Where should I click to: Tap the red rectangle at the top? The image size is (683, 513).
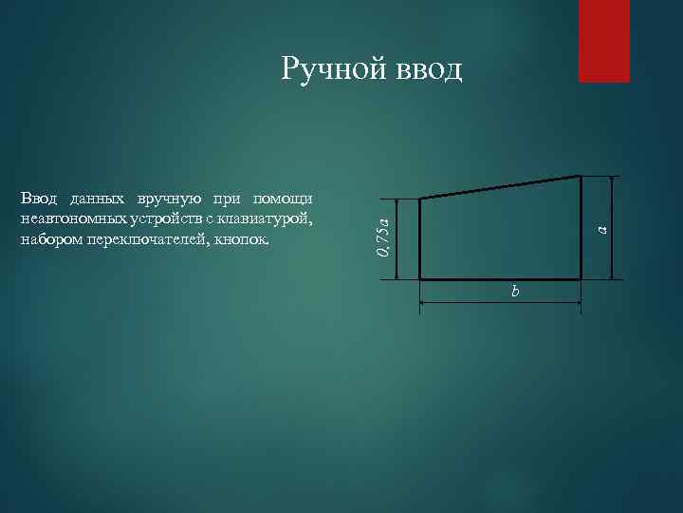pyautogui.click(x=604, y=41)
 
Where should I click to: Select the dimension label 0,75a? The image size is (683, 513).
pyautogui.click(x=381, y=238)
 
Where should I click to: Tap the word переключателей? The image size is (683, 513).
pyautogui.click(x=143, y=239)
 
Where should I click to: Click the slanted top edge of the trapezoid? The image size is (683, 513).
pyautogui.click(x=500, y=187)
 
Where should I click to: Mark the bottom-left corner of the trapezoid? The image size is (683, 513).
pyautogui.click(x=420, y=278)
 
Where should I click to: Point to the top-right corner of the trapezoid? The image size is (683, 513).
pyautogui.click(x=580, y=176)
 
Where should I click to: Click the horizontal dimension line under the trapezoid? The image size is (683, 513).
pyautogui.click(x=474, y=302)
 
